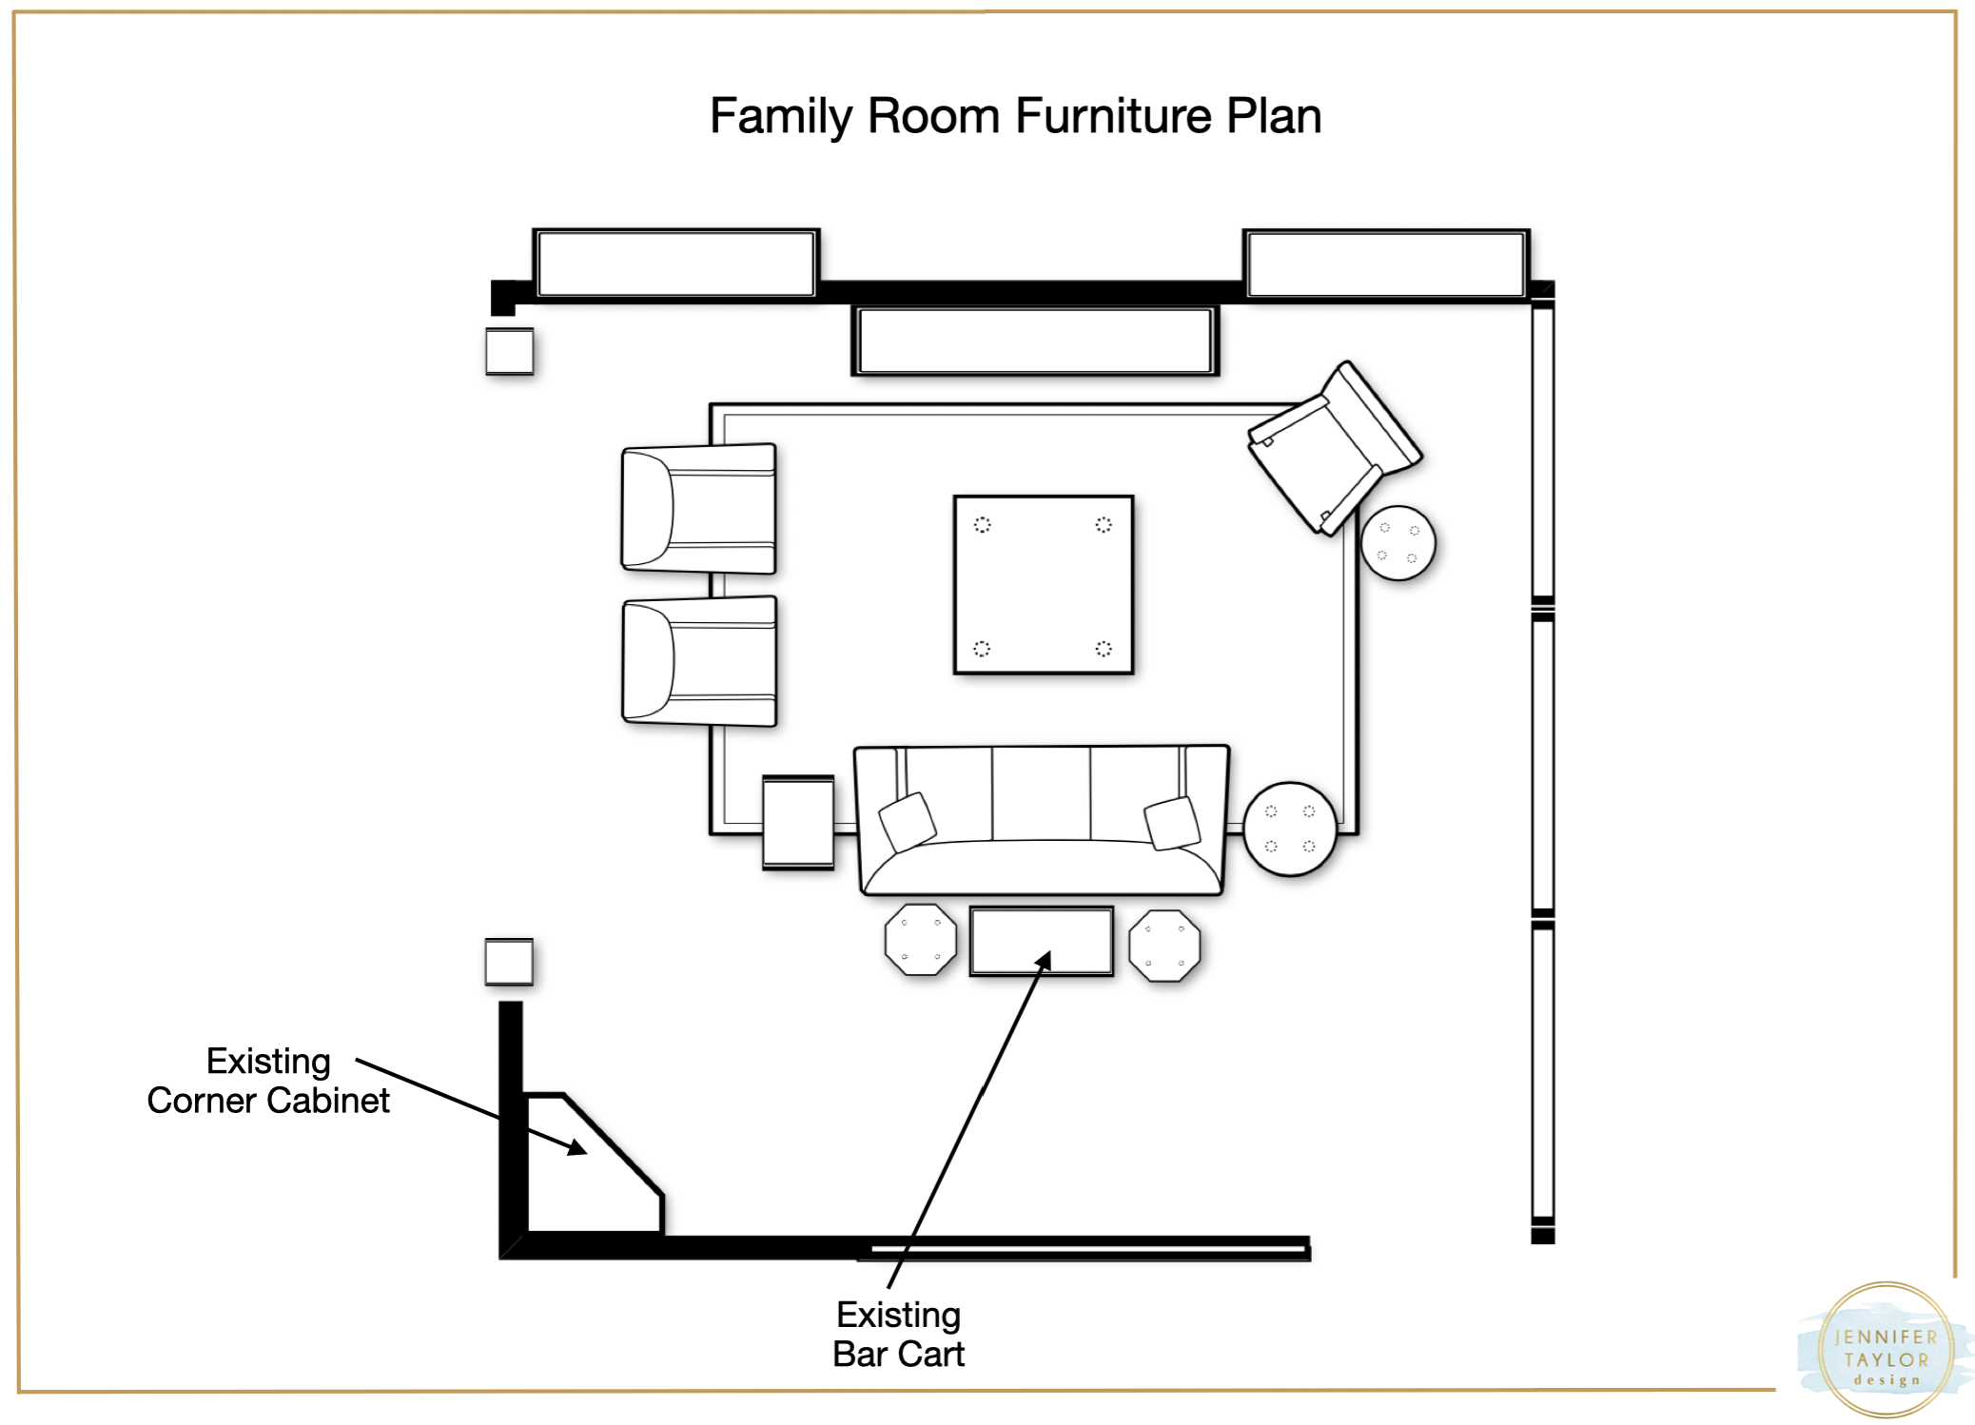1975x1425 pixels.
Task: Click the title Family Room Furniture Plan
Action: [1015, 117]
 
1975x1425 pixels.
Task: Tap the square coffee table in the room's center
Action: [1044, 585]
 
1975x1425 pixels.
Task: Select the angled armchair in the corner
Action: [1336, 448]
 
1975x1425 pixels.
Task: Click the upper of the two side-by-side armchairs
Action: [699, 509]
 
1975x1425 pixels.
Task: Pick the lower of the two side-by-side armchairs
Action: [699, 661]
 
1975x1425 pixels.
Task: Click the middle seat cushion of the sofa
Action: [1042, 793]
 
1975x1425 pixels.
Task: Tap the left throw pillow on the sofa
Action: [907, 821]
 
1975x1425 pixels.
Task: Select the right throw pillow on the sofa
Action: [1172, 823]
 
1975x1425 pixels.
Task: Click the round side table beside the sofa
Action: [1291, 829]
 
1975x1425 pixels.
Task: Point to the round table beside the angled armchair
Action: [1398, 543]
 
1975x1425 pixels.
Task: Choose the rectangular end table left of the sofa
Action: [798, 823]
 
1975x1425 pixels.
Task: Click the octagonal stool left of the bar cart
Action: [920, 940]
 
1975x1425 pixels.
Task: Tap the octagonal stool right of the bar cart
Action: [1164, 946]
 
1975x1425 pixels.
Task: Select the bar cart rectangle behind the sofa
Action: [1042, 941]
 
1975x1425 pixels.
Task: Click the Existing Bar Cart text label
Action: [898, 1335]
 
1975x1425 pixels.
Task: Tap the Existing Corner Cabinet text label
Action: [268, 1081]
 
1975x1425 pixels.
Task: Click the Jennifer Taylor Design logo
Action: [1886, 1350]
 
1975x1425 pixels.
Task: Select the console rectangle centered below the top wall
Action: [1035, 341]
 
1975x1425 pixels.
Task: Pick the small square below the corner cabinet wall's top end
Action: [509, 962]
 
